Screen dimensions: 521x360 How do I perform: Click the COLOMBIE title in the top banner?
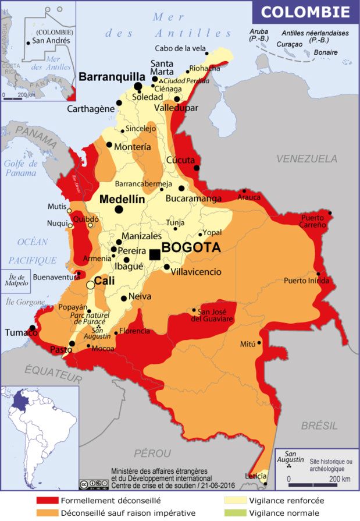click(x=305, y=12)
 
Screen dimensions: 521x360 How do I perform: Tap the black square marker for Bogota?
click(x=155, y=254)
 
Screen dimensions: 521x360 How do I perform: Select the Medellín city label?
click(x=122, y=199)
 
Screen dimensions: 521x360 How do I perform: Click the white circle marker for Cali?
click(x=90, y=285)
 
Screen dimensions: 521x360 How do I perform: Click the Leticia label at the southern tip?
click(x=255, y=476)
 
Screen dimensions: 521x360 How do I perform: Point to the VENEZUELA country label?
click(x=306, y=158)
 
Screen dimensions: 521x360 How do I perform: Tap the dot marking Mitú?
click(x=260, y=344)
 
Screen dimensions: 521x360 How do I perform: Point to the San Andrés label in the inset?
click(x=51, y=41)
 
